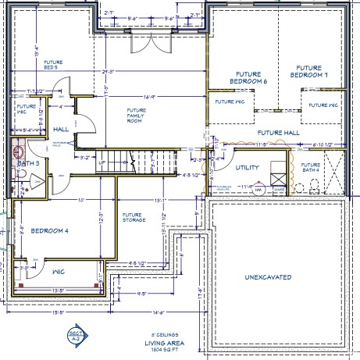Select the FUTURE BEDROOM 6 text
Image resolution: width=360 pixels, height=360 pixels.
(x=248, y=77)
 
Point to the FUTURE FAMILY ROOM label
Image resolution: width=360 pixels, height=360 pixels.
(x=137, y=116)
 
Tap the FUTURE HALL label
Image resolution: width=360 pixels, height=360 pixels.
(x=279, y=133)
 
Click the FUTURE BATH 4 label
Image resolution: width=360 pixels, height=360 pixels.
(x=310, y=168)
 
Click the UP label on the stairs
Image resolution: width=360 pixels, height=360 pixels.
(x=102, y=162)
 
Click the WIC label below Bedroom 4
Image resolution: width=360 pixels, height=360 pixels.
(x=58, y=273)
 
